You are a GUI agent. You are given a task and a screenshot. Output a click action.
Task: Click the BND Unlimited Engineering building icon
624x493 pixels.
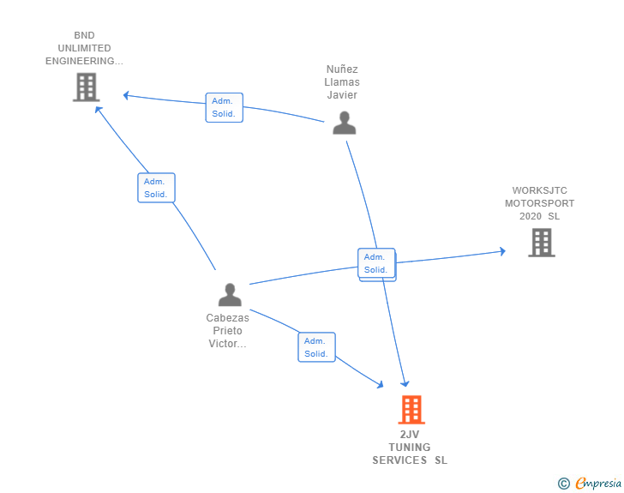[x=86, y=87]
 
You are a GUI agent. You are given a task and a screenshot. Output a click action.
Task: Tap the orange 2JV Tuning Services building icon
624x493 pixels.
[x=411, y=410]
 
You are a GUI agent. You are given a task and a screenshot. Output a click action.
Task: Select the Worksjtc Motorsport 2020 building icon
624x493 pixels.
[x=541, y=243]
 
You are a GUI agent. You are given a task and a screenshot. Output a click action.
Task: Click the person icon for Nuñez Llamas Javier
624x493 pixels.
[x=344, y=123]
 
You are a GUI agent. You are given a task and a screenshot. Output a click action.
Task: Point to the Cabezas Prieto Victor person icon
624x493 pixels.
[x=230, y=294]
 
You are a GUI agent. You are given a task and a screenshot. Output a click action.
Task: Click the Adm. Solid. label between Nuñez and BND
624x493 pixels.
[x=224, y=107]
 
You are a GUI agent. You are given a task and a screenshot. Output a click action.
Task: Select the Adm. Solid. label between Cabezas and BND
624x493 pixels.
[x=156, y=188]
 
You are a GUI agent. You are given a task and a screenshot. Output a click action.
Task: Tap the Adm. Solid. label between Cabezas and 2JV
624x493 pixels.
[x=316, y=347]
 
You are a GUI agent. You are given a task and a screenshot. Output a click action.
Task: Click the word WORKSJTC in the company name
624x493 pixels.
[x=539, y=190]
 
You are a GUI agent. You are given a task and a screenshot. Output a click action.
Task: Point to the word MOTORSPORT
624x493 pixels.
[x=539, y=203]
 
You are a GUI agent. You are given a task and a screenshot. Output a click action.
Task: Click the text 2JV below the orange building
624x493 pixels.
[x=410, y=434]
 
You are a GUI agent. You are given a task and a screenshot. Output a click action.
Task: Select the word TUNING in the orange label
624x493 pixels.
[x=410, y=447]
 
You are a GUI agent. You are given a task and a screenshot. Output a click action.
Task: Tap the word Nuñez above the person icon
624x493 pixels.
[x=342, y=69]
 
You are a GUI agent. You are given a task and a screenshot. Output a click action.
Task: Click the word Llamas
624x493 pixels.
[x=342, y=82]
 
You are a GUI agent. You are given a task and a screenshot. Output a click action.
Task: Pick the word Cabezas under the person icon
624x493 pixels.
[x=227, y=318]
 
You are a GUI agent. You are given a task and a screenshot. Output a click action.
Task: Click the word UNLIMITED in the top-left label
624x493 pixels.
[x=84, y=48]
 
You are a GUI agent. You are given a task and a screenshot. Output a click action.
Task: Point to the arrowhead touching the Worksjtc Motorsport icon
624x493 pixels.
[x=501, y=251]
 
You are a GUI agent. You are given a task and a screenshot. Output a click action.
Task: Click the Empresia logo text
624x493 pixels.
[x=597, y=484]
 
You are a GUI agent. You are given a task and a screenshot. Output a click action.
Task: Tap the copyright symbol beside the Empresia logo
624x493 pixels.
[x=563, y=484]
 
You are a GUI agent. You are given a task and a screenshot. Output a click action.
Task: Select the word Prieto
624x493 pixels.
[x=227, y=331]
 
